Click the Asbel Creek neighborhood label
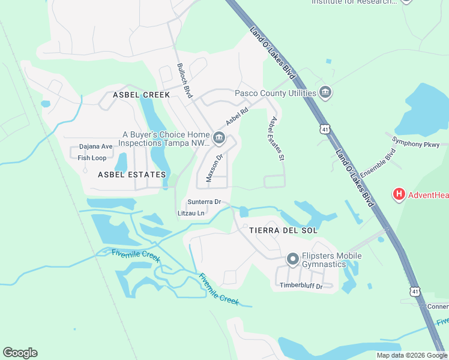(142, 95)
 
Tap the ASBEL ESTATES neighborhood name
(132, 175)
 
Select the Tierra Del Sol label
(283, 230)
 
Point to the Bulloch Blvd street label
(184, 81)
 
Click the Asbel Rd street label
(237, 116)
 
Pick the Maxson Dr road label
(215, 163)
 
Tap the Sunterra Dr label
(204, 202)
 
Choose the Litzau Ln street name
(191, 213)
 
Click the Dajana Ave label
(96, 146)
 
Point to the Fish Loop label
(92, 158)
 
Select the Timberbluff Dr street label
(301, 286)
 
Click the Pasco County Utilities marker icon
(326, 92)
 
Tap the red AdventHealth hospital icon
(399, 194)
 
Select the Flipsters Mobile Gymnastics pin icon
(292, 259)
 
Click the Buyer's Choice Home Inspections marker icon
(218, 139)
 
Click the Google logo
(20, 353)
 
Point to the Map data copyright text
(411, 355)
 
